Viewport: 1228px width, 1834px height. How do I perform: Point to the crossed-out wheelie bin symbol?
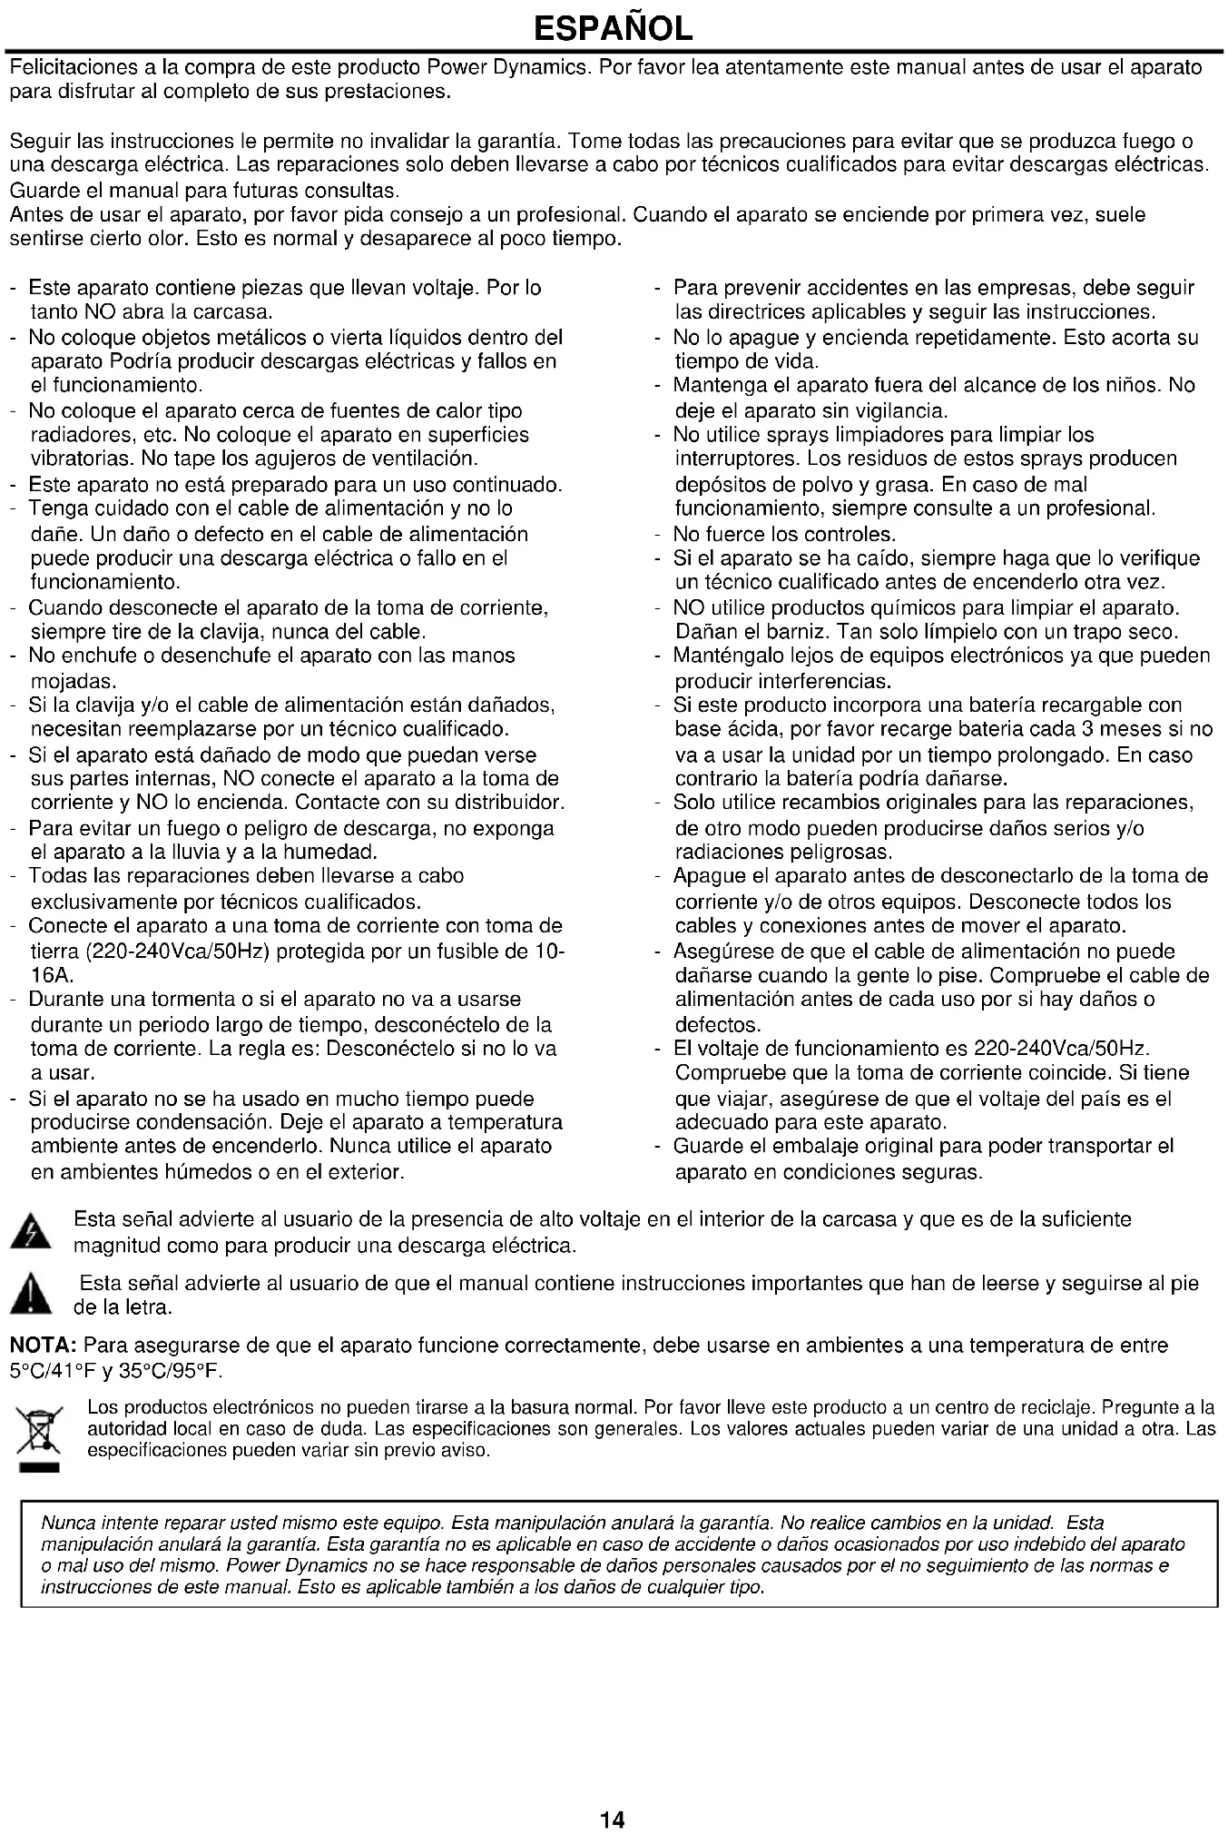tap(37, 1431)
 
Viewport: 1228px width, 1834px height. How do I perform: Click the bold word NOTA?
tap(44, 1346)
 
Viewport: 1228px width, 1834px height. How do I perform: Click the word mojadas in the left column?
tap(73, 681)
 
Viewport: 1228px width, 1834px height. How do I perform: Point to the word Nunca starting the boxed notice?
tap(67, 1523)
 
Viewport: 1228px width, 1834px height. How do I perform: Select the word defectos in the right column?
tap(717, 1025)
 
